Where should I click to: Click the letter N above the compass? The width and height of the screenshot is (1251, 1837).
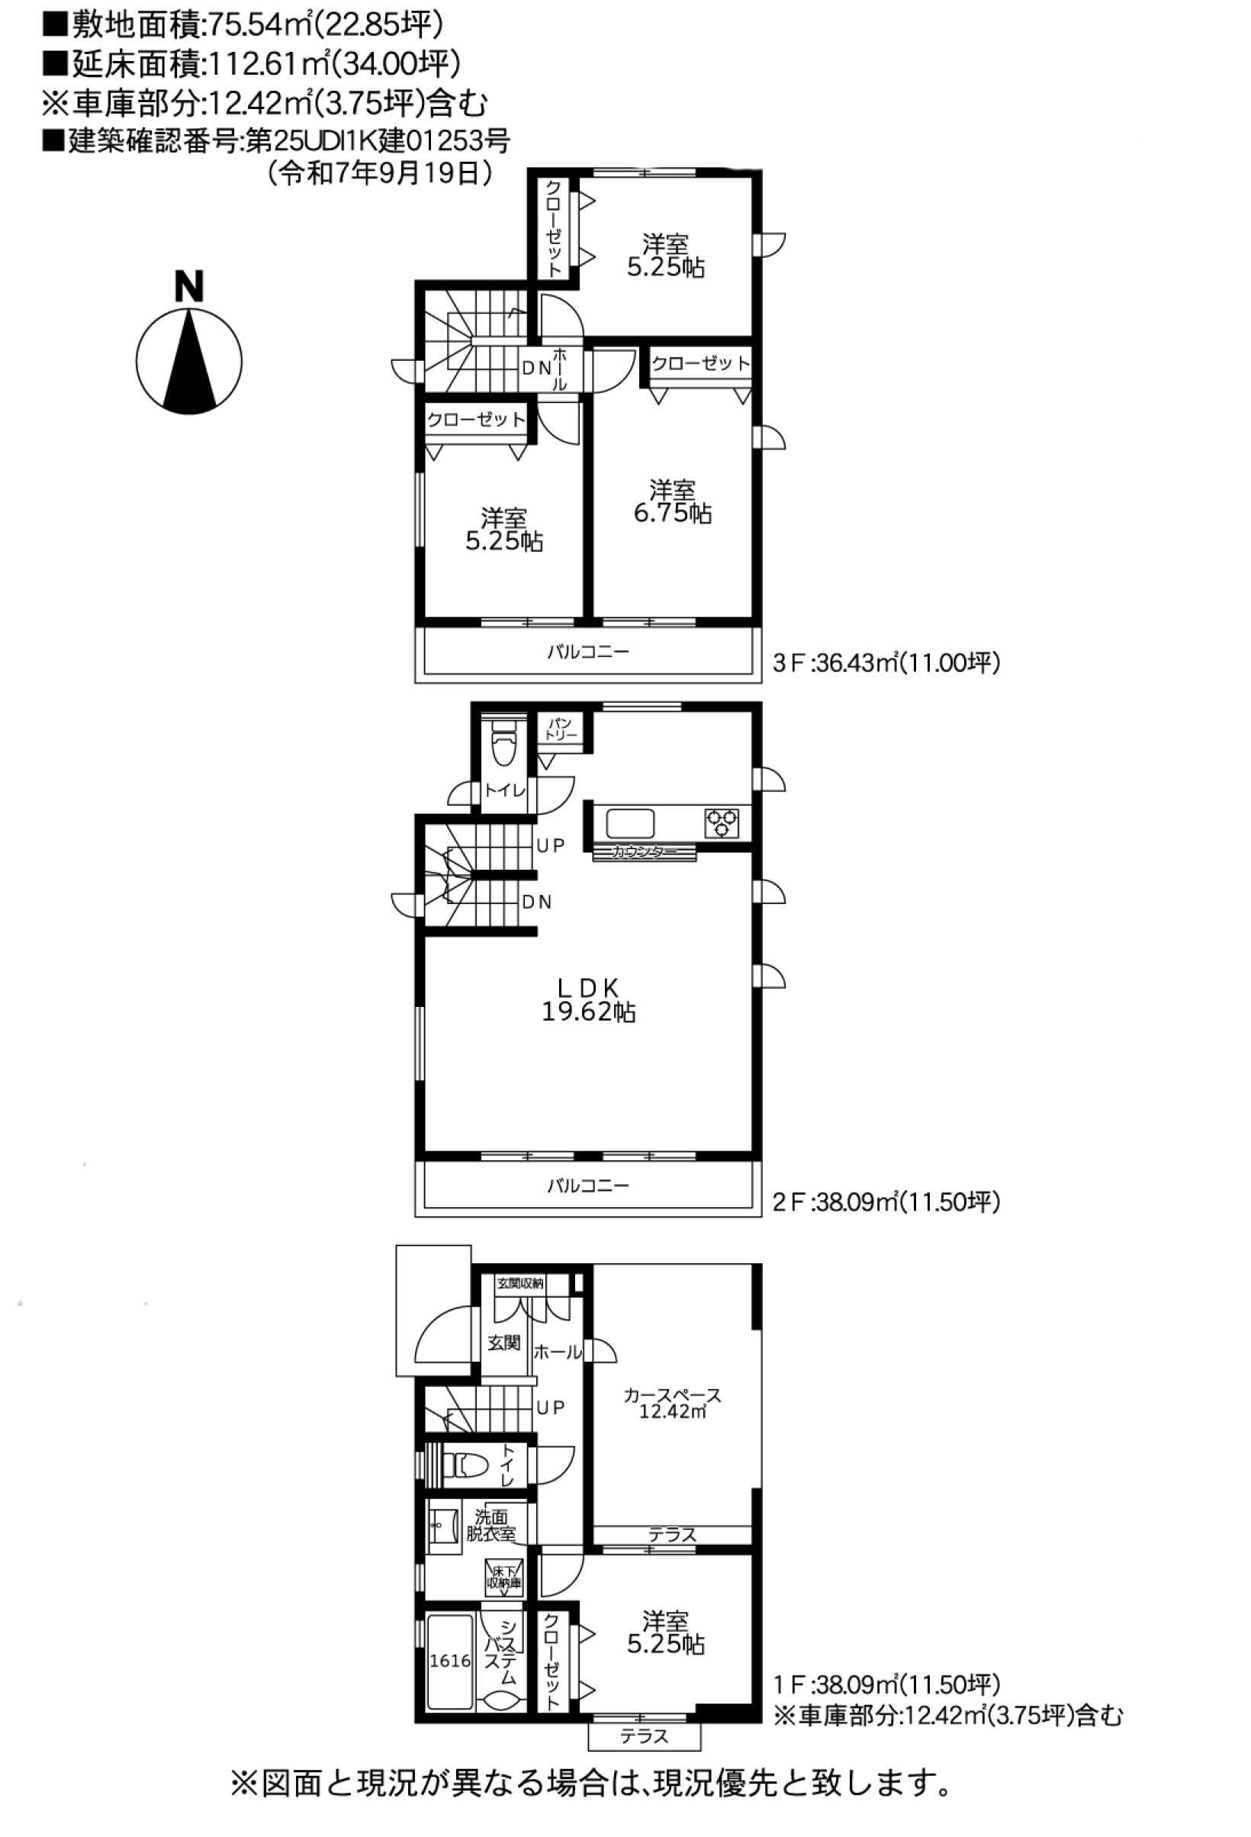189,286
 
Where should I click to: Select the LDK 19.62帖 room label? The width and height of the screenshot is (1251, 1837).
588,1000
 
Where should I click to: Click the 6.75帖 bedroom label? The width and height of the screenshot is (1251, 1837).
673,501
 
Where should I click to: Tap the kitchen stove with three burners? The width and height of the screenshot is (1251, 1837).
722,823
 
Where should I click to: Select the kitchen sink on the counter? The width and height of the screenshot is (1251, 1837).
630,824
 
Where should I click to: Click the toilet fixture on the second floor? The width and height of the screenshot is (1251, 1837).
503,745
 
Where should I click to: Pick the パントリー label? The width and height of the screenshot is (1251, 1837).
561,729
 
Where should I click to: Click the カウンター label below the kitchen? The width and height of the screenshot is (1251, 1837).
644,852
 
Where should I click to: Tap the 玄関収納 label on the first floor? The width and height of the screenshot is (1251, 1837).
519,1283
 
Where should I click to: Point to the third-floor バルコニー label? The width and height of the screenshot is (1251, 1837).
588,652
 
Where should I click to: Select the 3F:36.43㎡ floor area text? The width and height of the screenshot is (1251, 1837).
886,662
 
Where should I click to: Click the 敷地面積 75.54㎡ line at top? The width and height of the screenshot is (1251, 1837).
243,25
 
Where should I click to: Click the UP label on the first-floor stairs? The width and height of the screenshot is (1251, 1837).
550,1408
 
